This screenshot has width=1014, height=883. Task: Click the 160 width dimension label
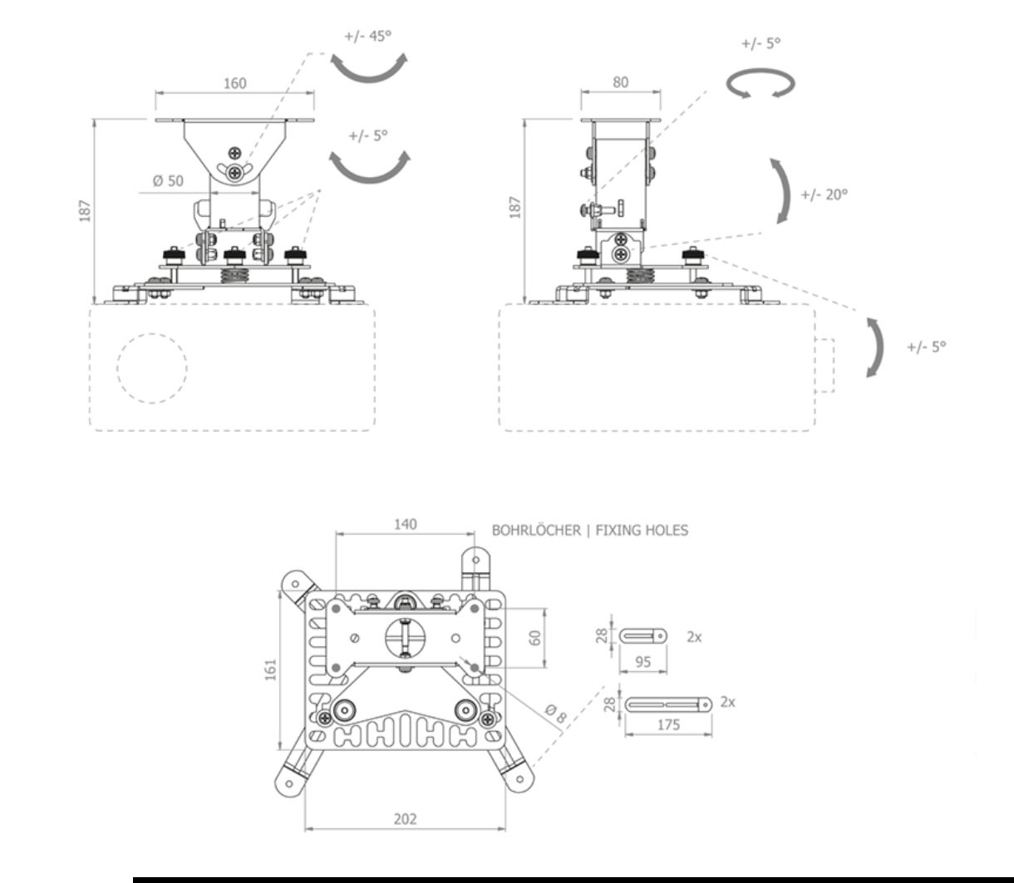pyautogui.click(x=235, y=83)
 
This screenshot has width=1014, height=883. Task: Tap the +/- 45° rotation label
pyautogui.click(x=367, y=37)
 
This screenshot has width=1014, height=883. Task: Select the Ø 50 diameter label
pyautogui.click(x=168, y=181)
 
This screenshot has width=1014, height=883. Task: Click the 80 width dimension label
pyautogui.click(x=621, y=82)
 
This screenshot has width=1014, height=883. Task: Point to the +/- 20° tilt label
pyautogui.click(x=824, y=194)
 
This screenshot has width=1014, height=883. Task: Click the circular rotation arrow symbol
pyautogui.click(x=760, y=83)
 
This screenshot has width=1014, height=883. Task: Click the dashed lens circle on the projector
pyautogui.click(x=152, y=368)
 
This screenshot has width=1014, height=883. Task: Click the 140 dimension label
pyautogui.click(x=405, y=524)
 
